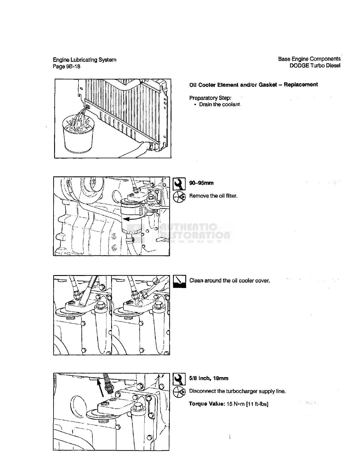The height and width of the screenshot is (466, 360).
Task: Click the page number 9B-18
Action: tap(72, 66)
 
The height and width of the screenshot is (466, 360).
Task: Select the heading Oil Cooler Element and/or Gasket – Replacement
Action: tap(253, 85)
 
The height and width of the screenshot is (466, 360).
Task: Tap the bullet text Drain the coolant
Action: tap(220, 104)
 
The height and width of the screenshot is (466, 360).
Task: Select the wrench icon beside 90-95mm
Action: tap(179, 184)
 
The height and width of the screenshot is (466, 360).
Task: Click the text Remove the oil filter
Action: tap(213, 196)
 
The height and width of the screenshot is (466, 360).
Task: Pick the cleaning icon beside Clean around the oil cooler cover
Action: tap(179, 282)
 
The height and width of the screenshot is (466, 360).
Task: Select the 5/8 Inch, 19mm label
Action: tap(209, 378)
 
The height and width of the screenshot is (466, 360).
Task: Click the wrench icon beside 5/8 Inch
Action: tap(179, 379)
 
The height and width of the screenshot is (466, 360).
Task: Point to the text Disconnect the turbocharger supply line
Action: tap(237, 391)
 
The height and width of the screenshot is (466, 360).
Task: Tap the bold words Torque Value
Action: tap(207, 404)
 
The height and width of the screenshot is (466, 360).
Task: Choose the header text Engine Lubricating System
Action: tap(84, 60)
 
